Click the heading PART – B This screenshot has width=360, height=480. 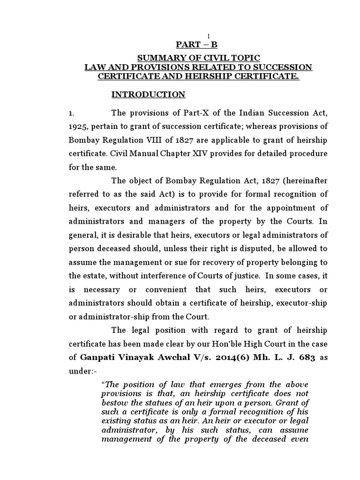(196, 45)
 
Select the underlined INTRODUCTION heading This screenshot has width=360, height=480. (148, 95)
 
